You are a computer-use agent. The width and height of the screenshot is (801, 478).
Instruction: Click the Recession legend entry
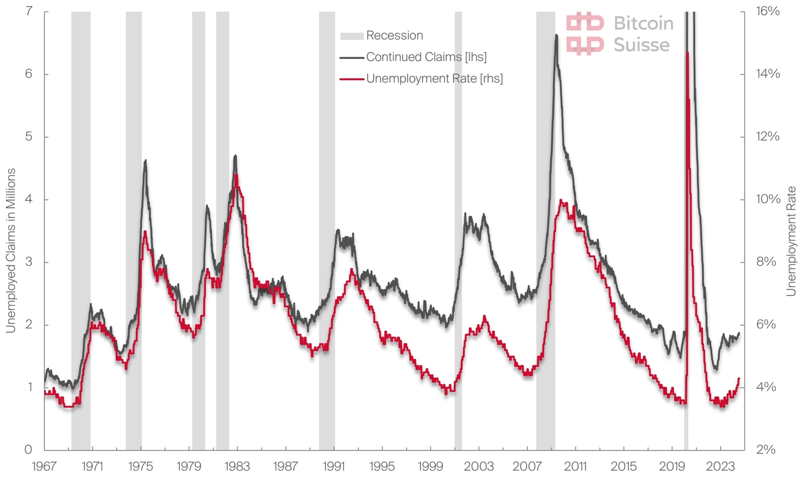[394, 36]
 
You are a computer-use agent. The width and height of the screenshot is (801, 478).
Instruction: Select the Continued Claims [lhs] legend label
[426, 57]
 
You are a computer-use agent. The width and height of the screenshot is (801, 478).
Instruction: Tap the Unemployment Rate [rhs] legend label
[434, 78]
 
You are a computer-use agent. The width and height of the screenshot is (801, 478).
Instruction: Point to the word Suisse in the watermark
[641, 45]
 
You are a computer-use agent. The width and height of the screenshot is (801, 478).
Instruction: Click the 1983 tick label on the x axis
[238, 465]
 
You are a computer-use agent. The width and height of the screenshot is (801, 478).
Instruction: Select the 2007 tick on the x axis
[527, 465]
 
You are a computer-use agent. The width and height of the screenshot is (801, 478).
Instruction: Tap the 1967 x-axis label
[44, 465]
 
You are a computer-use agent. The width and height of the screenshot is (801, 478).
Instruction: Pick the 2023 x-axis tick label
[720, 465]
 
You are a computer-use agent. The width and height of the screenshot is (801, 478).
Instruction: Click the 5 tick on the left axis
[29, 137]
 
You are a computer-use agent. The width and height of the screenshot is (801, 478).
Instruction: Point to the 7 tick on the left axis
[29, 12]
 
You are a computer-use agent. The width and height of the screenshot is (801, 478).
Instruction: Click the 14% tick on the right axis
[767, 74]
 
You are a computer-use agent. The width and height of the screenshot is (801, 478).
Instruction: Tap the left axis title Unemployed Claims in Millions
[11, 250]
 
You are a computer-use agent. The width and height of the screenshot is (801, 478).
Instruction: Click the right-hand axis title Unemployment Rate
[791, 241]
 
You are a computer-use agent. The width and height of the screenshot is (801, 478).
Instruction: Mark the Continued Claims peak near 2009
[556, 35]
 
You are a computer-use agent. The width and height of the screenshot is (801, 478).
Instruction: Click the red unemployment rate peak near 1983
[236, 175]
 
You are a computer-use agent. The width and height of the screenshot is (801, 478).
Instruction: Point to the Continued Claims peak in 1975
[145, 160]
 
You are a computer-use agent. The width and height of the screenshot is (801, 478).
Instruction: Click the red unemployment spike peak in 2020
[688, 53]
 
